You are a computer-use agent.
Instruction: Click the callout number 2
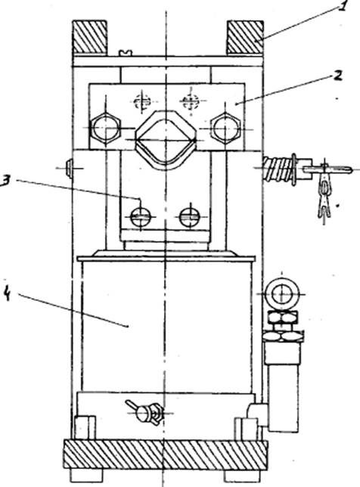[337, 76]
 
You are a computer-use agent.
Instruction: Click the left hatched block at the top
[90, 37]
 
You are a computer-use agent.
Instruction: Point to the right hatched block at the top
[245, 37]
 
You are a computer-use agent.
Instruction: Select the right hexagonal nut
[225, 129]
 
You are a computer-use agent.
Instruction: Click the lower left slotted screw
[141, 216]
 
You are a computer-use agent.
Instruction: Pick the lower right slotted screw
[190, 216]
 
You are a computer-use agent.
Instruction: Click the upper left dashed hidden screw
[142, 101]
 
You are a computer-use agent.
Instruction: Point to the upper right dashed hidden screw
[190, 101]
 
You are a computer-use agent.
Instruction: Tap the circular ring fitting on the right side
[282, 294]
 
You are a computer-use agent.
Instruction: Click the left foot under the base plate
[86, 475]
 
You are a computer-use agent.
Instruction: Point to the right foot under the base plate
[242, 475]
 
